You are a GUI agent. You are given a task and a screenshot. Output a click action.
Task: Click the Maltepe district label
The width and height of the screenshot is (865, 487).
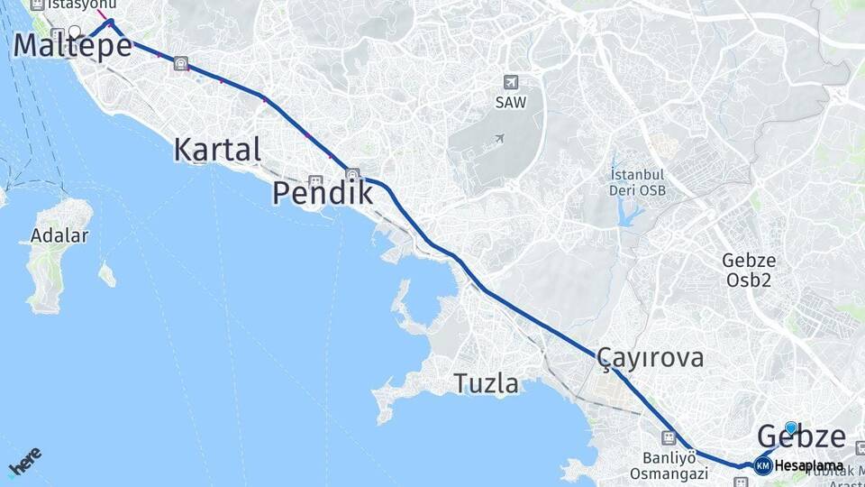point(73,46)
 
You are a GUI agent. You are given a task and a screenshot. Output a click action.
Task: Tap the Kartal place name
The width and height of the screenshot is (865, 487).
point(217,150)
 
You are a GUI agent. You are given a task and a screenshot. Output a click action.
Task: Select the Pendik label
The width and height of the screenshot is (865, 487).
point(323,193)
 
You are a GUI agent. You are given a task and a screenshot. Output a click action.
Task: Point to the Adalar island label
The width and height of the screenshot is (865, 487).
point(59,236)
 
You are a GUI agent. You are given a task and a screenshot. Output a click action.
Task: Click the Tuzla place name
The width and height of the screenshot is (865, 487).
point(486,384)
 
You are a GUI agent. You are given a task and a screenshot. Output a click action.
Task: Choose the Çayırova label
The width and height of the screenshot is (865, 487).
point(650,358)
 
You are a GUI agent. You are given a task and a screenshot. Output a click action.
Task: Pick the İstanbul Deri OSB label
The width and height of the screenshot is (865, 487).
point(637,182)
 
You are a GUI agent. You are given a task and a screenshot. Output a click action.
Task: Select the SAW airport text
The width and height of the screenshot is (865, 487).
point(511,103)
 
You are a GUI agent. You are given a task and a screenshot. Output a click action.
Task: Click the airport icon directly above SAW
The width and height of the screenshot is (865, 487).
point(511,82)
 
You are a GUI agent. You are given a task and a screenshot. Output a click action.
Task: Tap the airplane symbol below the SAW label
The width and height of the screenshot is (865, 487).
point(498,139)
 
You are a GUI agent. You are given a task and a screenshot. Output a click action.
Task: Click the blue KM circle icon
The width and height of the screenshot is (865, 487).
point(763,465)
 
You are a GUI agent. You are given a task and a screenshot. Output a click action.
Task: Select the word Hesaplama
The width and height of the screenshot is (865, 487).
point(808,466)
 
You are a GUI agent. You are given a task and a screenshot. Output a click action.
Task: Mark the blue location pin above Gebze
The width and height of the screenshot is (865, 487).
point(791,428)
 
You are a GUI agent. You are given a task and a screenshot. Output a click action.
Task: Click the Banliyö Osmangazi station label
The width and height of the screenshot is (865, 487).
point(669,464)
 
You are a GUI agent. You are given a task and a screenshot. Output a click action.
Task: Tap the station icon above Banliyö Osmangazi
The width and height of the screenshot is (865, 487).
point(668,438)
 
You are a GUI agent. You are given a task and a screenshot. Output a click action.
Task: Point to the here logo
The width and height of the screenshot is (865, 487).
point(25,463)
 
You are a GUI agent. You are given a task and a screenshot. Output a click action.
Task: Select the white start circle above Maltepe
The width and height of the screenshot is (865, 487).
point(75,31)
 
